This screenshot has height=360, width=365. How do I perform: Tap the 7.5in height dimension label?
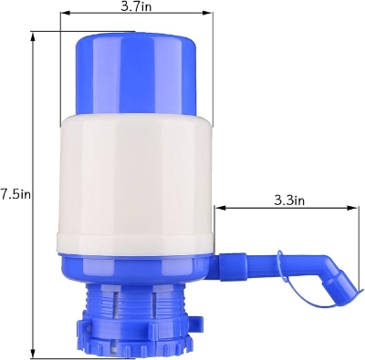16,193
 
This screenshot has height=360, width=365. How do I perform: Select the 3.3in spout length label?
287,200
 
